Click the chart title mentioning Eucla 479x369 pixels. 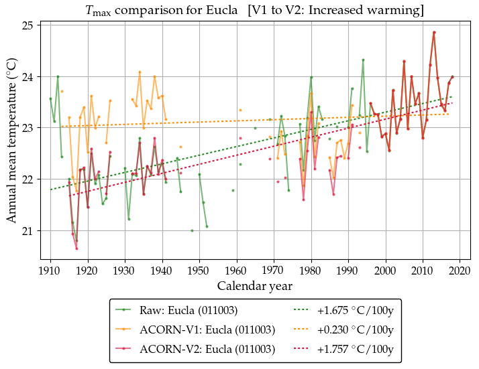coord(255,10)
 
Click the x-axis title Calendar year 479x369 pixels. coord(255,287)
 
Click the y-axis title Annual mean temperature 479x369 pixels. coord(12,141)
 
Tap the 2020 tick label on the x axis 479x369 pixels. coord(460,271)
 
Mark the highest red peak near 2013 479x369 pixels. coord(434,32)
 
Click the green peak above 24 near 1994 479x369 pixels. coord(363,60)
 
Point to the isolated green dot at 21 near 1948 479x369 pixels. coord(192,230)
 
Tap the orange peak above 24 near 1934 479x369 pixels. coord(140,72)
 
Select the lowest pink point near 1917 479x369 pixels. coord(76,248)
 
